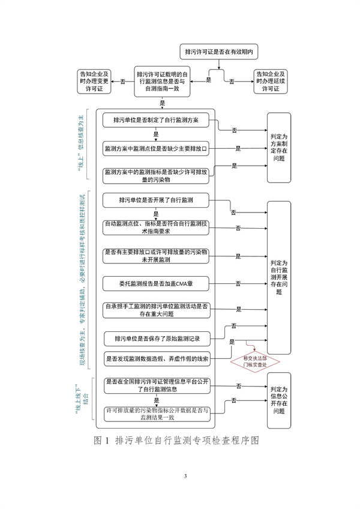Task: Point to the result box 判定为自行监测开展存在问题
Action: [279, 277]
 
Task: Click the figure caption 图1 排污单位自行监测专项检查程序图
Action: [179, 441]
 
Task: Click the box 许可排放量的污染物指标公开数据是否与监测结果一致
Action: [157, 414]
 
